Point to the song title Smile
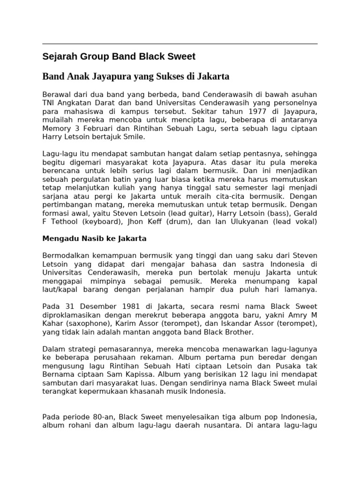[135, 137]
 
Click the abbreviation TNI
[50, 103]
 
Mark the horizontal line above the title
[180, 44]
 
